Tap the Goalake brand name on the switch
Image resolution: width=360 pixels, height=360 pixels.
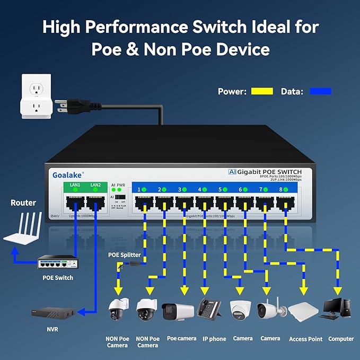pos(66,174)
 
